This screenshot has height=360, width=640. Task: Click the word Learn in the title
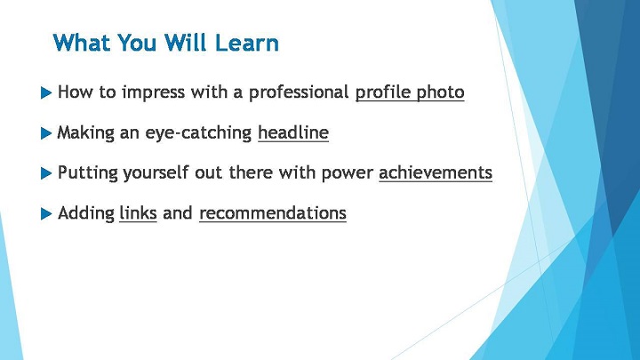click(x=246, y=43)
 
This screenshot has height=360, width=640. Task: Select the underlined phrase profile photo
click(x=410, y=92)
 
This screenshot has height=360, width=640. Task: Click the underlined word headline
click(x=293, y=132)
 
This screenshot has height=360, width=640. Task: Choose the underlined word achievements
click(x=436, y=172)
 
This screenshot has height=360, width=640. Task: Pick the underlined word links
click(x=138, y=213)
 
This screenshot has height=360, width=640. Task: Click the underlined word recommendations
click(x=273, y=213)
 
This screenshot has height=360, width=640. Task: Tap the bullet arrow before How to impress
click(x=46, y=92)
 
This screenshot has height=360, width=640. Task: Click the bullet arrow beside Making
click(x=46, y=133)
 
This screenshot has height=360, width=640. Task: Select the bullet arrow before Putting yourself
click(x=46, y=173)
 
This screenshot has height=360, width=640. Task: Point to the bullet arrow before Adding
click(x=46, y=213)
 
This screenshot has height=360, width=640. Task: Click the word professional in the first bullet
click(x=299, y=92)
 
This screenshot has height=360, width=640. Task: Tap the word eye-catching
click(x=198, y=133)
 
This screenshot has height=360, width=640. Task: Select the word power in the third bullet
click(x=347, y=173)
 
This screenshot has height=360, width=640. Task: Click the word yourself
click(x=156, y=173)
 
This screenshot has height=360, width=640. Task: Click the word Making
click(x=85, y=133)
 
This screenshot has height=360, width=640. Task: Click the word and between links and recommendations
click(x=178, y=213)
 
